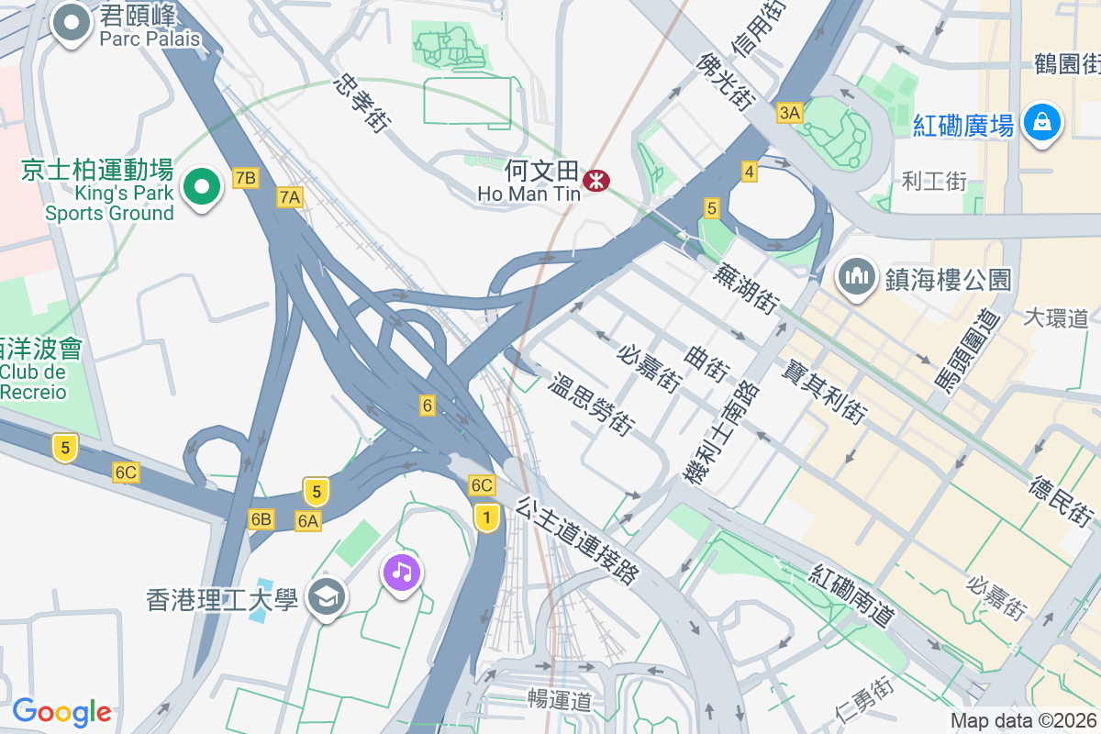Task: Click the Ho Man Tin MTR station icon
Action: coord(596,181)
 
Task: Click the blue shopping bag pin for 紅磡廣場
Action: coord(1043,121)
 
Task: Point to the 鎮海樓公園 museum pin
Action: coord(856,275)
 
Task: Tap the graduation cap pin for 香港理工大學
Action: coord(327,598)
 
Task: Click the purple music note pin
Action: coord(401,573)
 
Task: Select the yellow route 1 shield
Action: coord(486,518)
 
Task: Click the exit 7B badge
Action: coord(245,178)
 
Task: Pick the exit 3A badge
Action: coord(789,113)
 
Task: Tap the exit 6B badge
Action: coord(261,519)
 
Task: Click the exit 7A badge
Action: coord(290,196)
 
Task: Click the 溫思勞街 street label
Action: coord(592,403)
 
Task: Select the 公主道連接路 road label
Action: coord(577,541)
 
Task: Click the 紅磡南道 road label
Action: coord(851,595)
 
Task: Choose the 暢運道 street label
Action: coord(559,700)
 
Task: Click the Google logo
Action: coord(61,712)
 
